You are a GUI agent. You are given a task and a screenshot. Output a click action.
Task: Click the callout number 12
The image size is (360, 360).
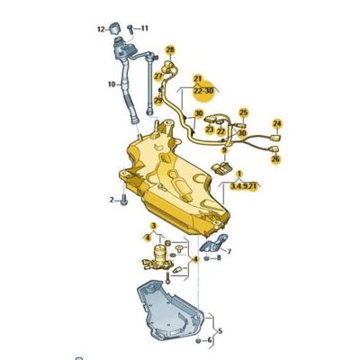pos(101,29)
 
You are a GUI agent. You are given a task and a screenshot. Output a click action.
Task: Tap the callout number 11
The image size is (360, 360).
pos(145,29)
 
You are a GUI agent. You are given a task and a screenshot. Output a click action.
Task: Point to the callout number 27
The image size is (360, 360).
pos(157,77)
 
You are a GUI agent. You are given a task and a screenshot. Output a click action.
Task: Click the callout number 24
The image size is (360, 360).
pos(276,123)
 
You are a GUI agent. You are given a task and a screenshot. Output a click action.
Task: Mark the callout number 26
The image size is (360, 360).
pos(274,159)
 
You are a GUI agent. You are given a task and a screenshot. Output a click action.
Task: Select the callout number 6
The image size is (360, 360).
pos(210,340)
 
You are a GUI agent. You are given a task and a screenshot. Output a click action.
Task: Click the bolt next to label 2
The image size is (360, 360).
pos(123,199)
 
